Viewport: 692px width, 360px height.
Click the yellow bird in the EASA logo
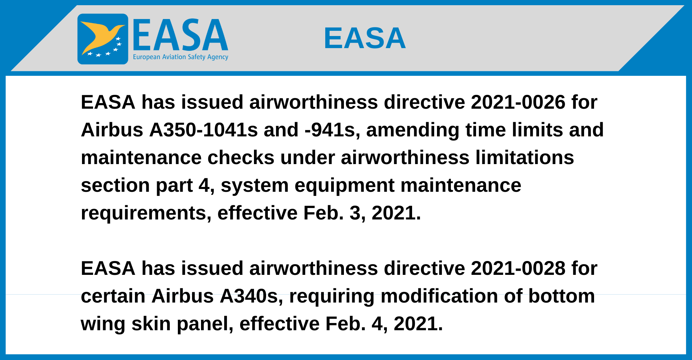[x=100, y=36]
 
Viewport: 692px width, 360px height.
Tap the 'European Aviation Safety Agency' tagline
[x=181, y=57]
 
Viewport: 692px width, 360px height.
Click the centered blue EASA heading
[x=365, y=38]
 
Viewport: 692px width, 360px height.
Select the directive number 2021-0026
[x=518, y=102]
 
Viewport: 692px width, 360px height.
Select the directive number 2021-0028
[x=518, y=269]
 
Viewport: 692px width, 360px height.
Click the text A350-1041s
[x=203, y=130]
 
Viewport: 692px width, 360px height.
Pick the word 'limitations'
[x=525, y=158]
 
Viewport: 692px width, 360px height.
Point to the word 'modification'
[x=439, y=296]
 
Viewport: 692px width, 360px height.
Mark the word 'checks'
[x=241, y=158]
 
